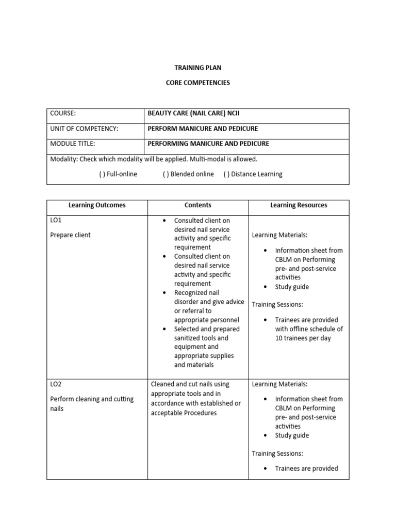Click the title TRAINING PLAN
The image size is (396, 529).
197,68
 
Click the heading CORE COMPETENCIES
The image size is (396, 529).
197,82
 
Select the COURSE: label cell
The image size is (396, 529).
63,114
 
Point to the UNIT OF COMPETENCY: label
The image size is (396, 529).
84,129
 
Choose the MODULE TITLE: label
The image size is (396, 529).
72,144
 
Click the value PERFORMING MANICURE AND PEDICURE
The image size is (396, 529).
208,144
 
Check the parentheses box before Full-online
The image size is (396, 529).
102,174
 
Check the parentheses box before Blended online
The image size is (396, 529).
166,174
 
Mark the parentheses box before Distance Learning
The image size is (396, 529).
226,174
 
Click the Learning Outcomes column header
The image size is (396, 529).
97,205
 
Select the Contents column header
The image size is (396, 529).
198,205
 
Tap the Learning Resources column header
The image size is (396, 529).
299,205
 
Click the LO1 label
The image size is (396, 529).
56,221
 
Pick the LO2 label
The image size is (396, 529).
56,384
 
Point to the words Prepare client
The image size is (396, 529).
70,235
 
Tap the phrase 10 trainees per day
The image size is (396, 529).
303,338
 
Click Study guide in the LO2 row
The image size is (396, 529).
292,435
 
